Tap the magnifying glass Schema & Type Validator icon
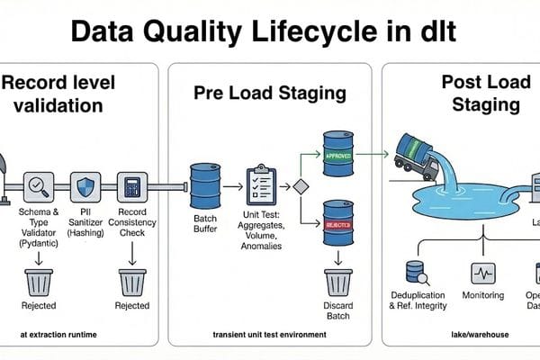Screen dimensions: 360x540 (39, 187)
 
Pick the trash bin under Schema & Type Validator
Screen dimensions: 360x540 (39, 281)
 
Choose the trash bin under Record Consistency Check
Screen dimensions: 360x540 (132, 281)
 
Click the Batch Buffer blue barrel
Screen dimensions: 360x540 (205, 186)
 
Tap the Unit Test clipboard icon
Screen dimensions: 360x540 (261, 184)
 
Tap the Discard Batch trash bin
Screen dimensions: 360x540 (338, 281)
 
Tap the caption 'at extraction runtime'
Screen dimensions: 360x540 (58, 336)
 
